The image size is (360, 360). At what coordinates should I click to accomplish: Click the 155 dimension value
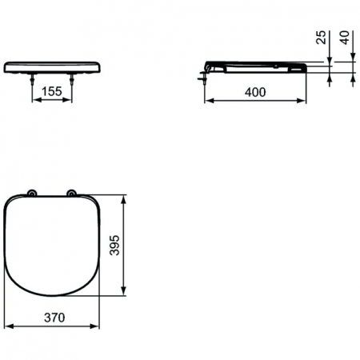click(52, 91)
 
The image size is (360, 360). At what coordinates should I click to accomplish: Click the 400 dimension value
click(255, 92)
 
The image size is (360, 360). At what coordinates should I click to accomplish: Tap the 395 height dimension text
click(114, 244)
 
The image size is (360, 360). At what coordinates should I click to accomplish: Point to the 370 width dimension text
click(54, 317)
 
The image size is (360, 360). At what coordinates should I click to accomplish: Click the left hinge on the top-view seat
click(31, 193)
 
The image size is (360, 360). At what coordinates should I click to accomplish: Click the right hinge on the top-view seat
click(71, 193)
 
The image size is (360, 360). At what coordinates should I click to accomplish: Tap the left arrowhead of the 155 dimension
click(34, 101)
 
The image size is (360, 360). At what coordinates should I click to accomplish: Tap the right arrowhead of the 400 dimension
click(304, 102)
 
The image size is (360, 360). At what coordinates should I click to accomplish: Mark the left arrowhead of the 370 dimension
click(7, 326)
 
